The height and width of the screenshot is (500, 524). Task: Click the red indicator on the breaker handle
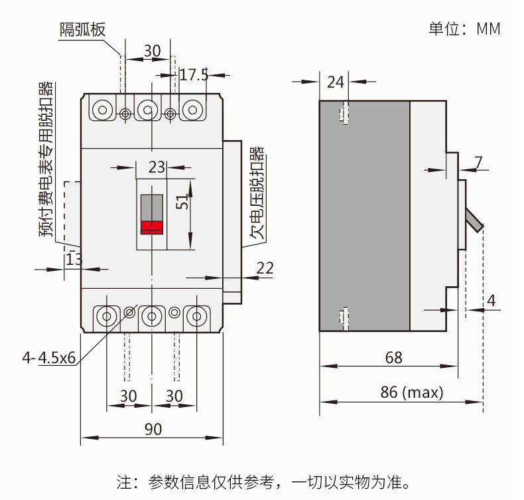pos(152,227)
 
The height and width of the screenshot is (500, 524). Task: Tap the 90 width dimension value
pos(153,430)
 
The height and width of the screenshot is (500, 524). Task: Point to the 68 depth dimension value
pos(394,358)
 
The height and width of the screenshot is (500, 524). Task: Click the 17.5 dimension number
pos(194,75)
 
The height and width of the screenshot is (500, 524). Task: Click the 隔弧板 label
pos(83,29)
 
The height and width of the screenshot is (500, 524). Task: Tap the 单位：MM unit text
pos(464,29)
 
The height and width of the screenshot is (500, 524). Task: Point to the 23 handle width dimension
pos(157,167)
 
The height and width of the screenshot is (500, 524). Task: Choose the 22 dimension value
pos(265,268)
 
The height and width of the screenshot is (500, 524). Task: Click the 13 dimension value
pos(74,259)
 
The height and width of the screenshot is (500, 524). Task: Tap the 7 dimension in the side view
pos(479,161)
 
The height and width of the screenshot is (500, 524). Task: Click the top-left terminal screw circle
pos(103,110)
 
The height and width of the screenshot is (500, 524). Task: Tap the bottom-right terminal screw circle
pos(196,316)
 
